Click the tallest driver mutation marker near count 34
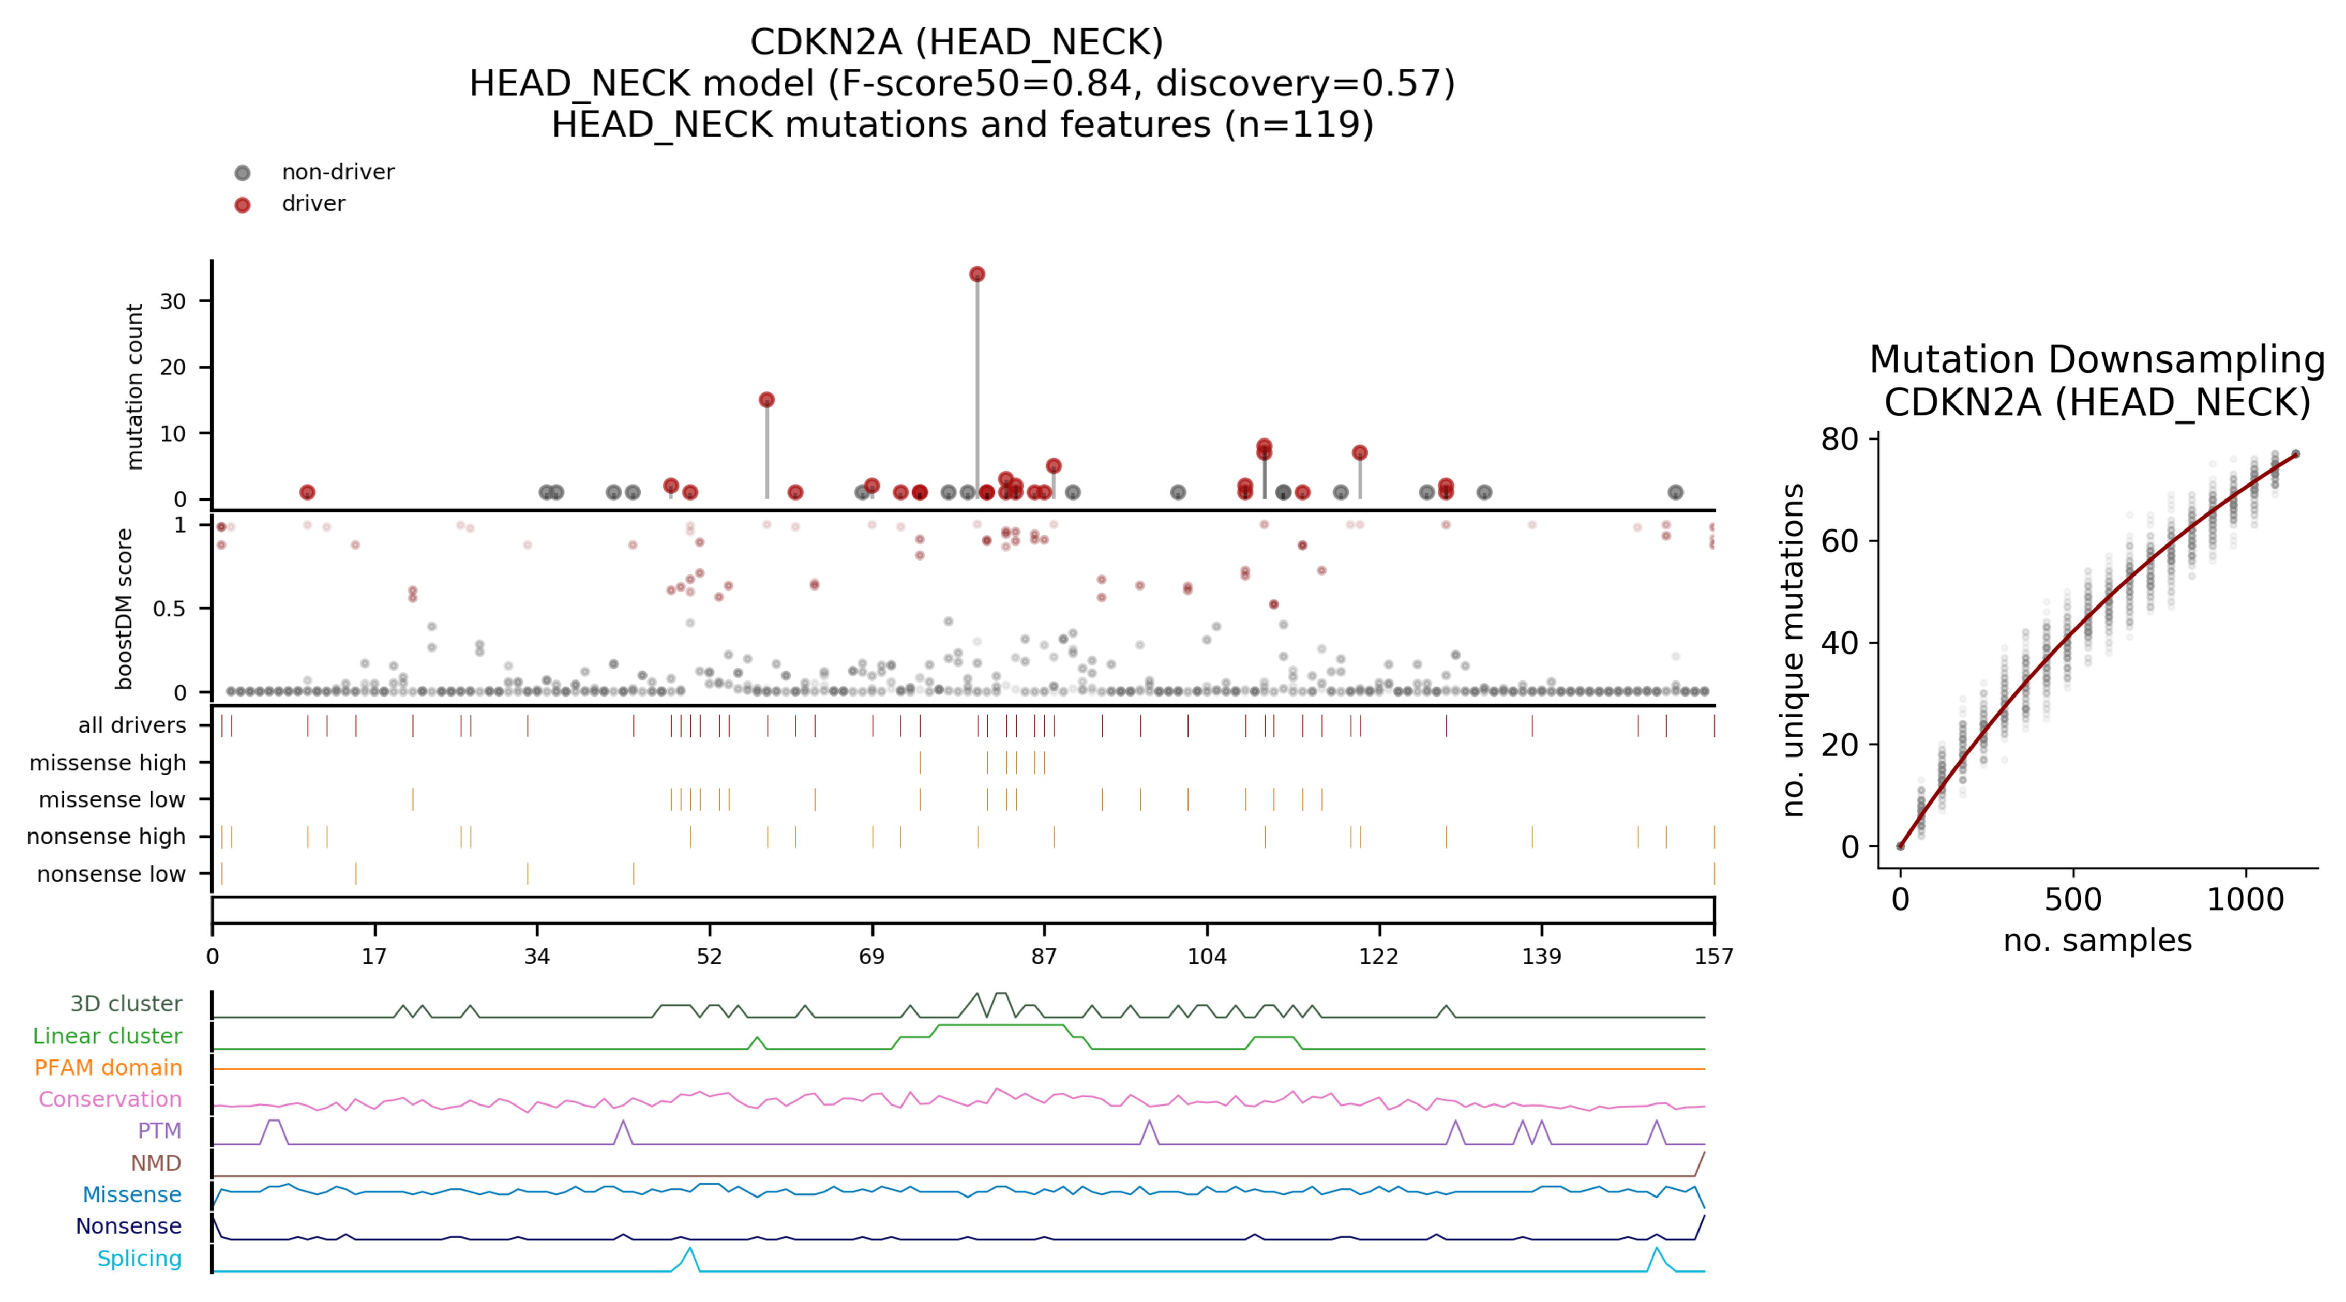(977, 274)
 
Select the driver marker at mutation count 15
(767, 400)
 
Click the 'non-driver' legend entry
(337, 172)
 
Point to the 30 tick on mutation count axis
(173, 301)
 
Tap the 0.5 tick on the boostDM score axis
(170, 608)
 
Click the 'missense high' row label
(108, 763)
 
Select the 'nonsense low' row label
(111, 874)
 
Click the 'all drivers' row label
(132, 725)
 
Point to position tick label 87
(1044, 956)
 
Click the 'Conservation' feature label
(110, 1100)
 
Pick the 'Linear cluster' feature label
(108, 1036)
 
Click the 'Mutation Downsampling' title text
(2097, 360)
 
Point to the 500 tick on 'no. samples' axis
(2073, 900)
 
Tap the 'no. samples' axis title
(2097, 941)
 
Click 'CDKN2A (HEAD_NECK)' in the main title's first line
(956, 42)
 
